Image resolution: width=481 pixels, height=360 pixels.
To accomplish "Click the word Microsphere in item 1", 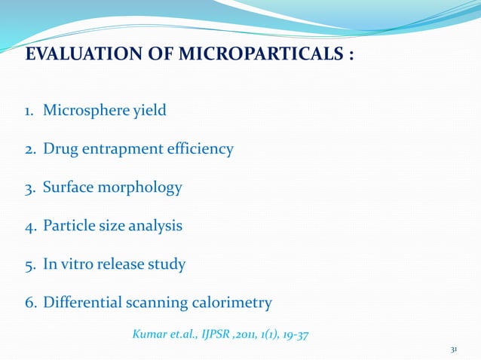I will [86, 111].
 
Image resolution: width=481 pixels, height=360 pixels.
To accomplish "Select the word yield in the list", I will [149, 111].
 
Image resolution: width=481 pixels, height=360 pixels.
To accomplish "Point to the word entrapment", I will [121, 149].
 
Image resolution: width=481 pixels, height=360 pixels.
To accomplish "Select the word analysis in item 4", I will [155, 226].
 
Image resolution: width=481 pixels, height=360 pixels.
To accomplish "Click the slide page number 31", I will [454, 349].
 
